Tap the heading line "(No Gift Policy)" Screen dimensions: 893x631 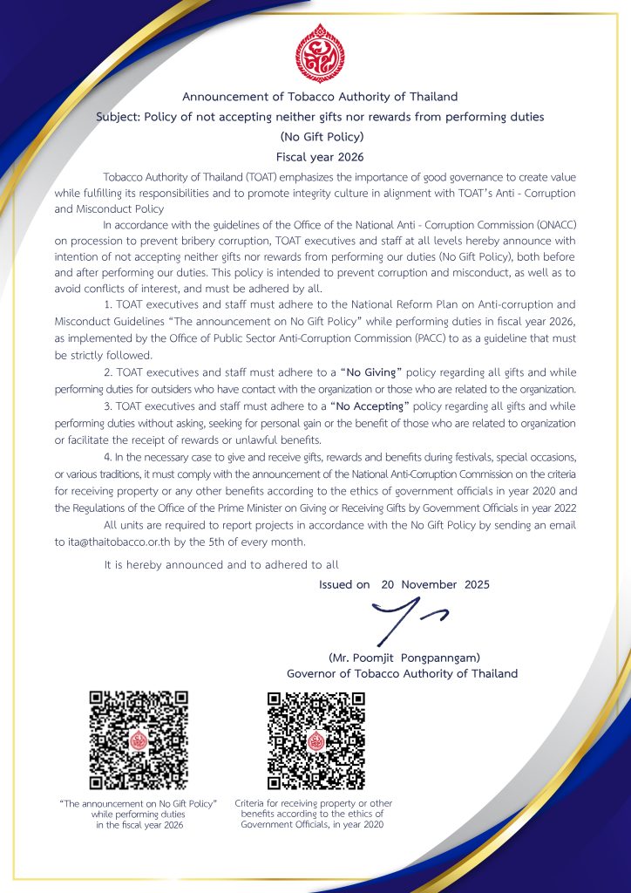(321, 137)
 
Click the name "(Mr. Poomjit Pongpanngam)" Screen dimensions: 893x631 (404, 657)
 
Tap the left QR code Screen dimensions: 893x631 (139, 740)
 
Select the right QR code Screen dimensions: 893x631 (315, 740)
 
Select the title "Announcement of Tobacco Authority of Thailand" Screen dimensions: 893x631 (320, 97)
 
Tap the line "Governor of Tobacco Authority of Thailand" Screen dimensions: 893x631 (402, 673)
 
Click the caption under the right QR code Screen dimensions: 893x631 (314, 814)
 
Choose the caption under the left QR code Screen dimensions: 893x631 (139, 814)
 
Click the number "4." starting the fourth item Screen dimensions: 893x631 (108, 457)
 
